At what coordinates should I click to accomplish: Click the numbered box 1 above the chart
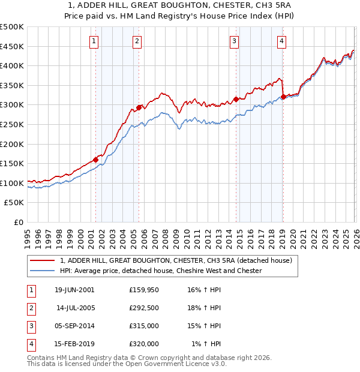pyautogui.click(x=95, y=41)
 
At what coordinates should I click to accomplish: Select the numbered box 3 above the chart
pyautogui.click(x=234, y=41)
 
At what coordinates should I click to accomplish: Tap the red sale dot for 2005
pyautogui.click(x=139, y=107)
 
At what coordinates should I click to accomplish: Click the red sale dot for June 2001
pyautogui.click(x=95, y=160)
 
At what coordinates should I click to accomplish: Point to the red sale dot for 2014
pyautogui.click(x=236, y=99)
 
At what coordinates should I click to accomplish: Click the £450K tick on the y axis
pyautogui.click(x=12, y=46)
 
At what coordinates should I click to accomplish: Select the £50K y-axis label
pyautogui.click(x=14, y=203)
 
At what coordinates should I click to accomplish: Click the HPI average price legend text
pyautogui.click(x=161, y=271)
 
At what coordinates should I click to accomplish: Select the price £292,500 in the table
pyautogui.click(x=144, y=308)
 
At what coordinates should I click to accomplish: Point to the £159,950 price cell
pyautogui.click(x=144, y=290)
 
